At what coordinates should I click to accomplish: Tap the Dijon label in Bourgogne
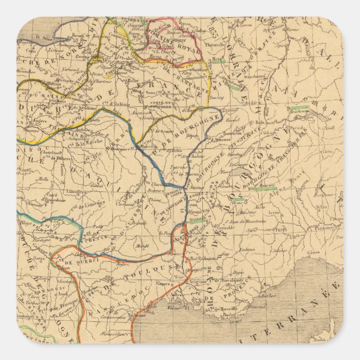(192, 134)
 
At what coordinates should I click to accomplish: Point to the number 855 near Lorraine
(212, 29)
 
